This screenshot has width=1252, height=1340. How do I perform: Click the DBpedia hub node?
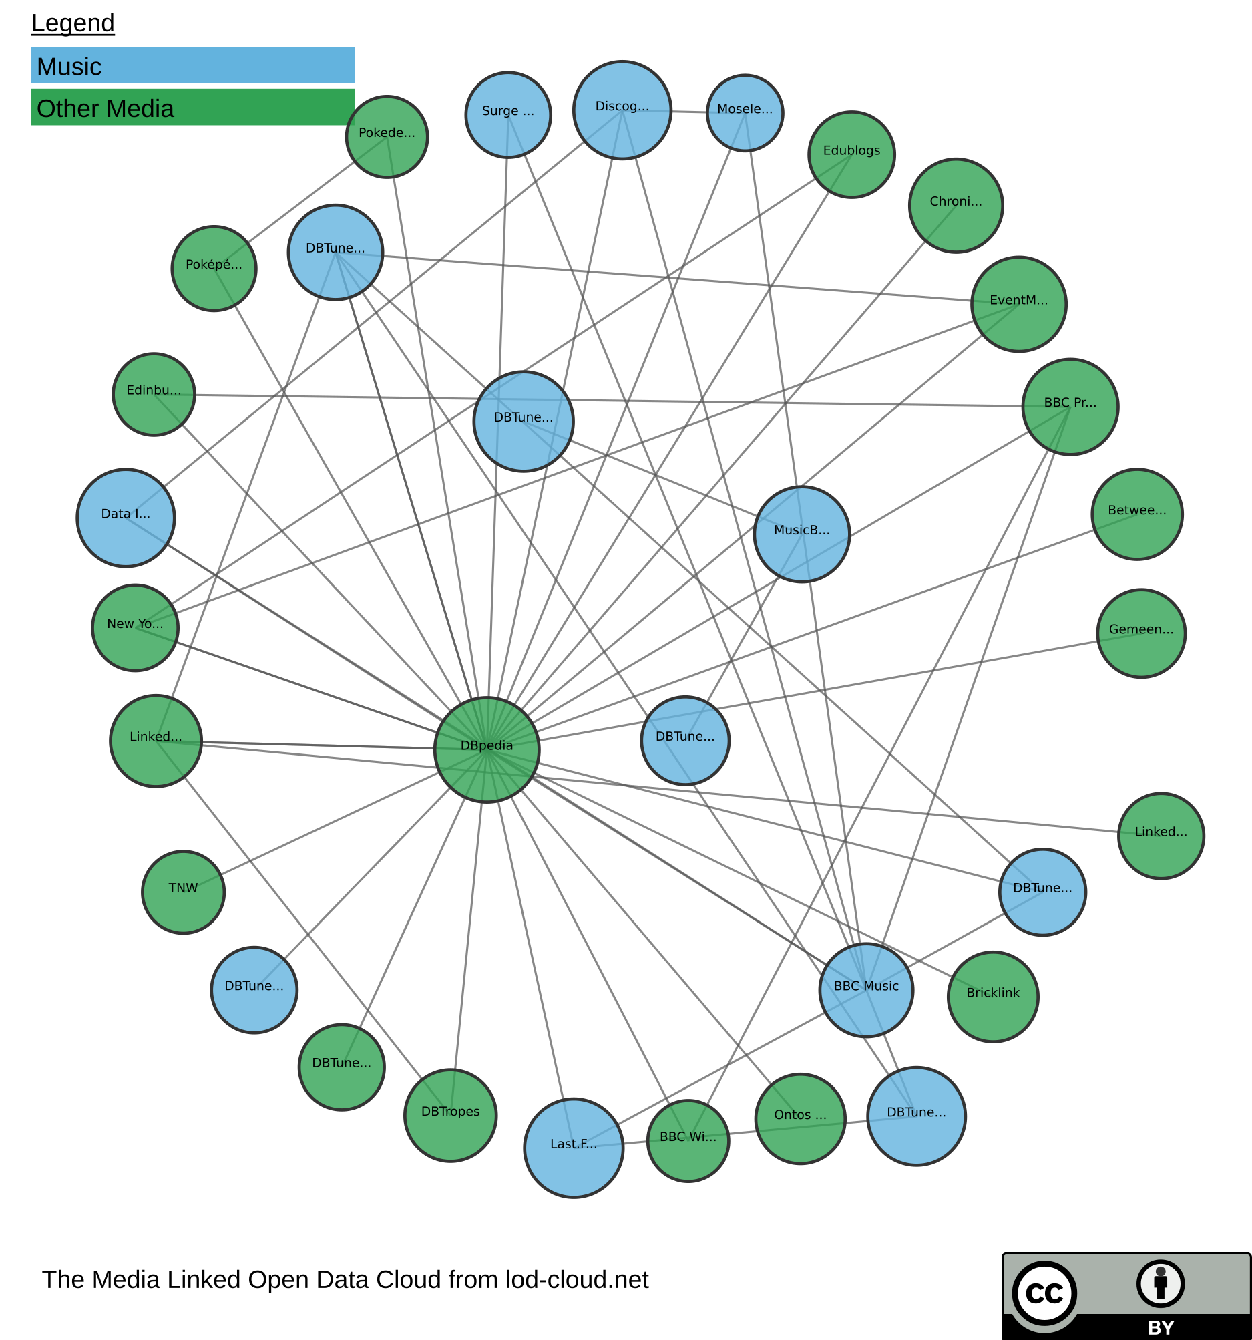coord(487,749)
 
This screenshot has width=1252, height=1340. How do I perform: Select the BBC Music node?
coord(866,989)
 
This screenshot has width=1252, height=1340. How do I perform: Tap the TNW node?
coord(183,892)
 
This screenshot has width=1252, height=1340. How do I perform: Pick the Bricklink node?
coord(992,996)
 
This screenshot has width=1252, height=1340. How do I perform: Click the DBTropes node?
coord(450,1115)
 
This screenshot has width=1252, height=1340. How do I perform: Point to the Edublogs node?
coord(851,154)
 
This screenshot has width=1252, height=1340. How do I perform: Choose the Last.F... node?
coord(574,1147)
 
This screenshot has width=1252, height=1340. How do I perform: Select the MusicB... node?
coord(801,534)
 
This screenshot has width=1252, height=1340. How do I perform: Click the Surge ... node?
coord(508,115)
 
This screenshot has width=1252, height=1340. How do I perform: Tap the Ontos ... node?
coord(800,1118)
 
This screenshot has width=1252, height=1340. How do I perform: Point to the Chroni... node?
coord(956,206)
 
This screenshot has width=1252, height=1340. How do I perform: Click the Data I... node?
coord(126,517)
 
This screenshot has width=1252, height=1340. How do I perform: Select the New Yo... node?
coord(136,627)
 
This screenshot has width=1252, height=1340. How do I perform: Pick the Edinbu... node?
coord(154,393)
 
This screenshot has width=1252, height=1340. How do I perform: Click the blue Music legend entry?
coord(193,65)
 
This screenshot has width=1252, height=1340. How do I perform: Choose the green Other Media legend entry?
coord(193,107)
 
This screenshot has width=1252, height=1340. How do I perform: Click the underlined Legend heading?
coord(73,23)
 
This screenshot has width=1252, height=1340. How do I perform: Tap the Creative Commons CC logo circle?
coord(1044,1293)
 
